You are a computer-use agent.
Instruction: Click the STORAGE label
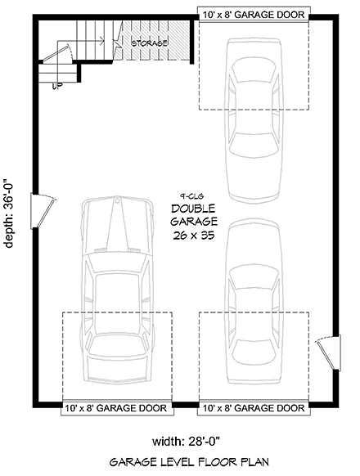point(149,43)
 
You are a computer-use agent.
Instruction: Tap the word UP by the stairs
point(57,86)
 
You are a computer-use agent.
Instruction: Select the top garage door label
point(254,15)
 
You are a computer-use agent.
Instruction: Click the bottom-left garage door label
point(117,407)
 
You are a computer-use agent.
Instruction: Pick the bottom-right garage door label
point(254,407)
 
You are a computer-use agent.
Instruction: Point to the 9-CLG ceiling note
point(190,197)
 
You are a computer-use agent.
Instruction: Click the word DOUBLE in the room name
point(194,209)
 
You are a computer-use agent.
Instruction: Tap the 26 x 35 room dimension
point(194,236)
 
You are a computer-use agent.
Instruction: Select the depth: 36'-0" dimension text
point(10,213)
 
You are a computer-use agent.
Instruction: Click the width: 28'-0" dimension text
point(186,441)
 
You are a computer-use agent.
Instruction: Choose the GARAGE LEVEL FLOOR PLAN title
point(189,462)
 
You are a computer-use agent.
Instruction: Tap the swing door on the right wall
point(329,353)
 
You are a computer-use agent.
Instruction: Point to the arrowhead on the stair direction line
point(102,40)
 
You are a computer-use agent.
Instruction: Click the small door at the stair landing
point(57,52)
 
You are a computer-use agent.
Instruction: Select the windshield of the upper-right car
point(254,70)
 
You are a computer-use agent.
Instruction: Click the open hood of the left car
point(117,225)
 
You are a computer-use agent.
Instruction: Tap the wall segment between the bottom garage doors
point(186,406)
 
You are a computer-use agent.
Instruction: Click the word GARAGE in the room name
point(194,222)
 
